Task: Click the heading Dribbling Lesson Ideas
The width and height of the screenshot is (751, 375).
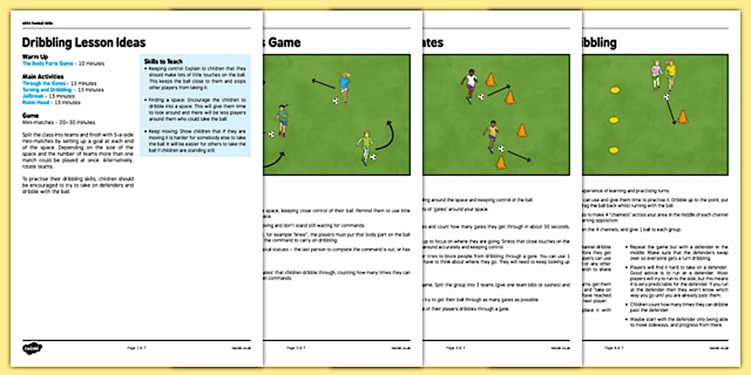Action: tap(83, 43)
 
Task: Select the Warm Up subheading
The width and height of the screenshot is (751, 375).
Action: tap(35, 57)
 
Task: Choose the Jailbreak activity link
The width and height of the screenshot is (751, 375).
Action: tap(33, 96)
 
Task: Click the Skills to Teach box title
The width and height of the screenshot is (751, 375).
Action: tap(163, 61)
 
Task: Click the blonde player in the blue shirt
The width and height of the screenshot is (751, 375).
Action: tap(345, 86)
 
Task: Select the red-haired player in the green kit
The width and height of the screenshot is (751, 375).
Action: tap(364, 146)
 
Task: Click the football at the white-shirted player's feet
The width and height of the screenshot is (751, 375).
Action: tap(481, 96)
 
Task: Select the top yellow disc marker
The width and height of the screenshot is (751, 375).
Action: tap(615, 90)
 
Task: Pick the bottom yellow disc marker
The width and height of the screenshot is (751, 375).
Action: tap(615, 150)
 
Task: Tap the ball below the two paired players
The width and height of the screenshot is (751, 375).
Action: tap(666, 96)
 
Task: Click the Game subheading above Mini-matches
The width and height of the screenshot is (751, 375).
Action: tap(30, 115)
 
